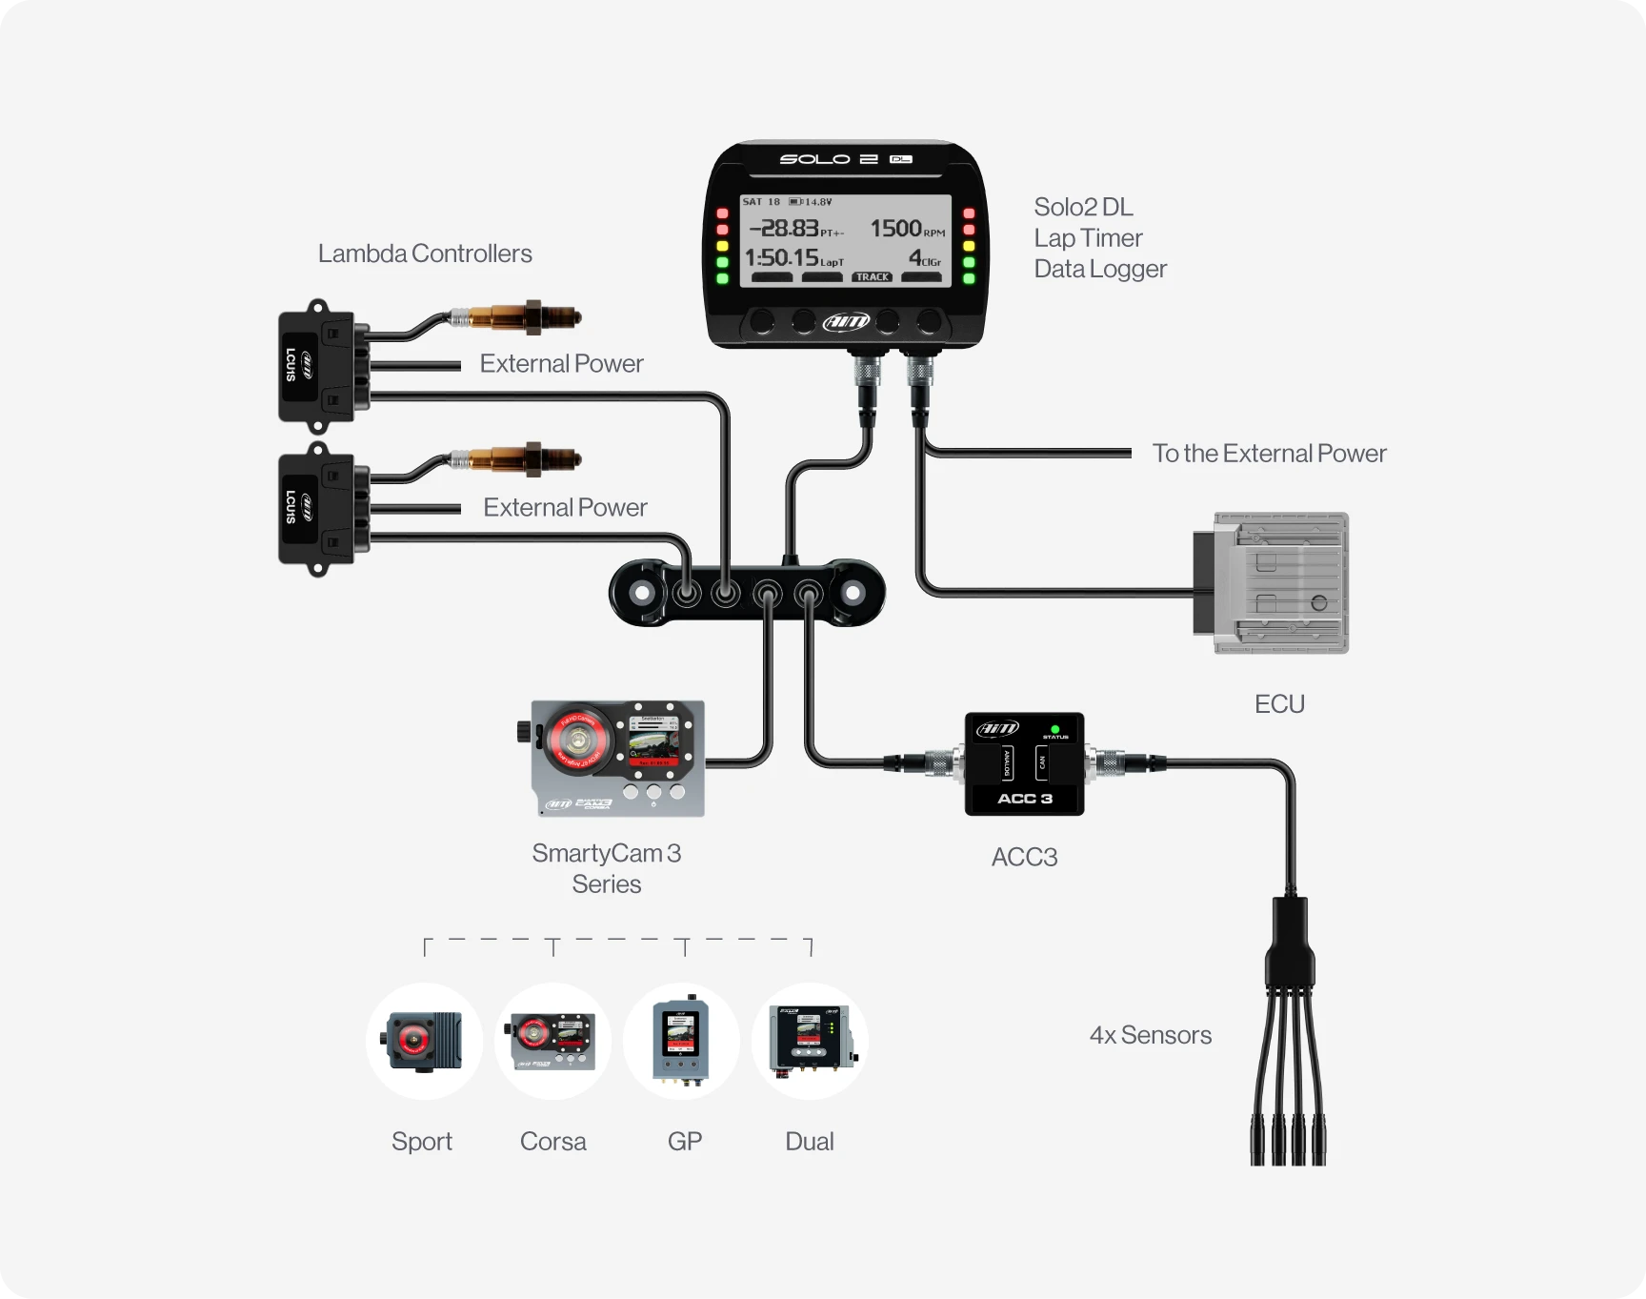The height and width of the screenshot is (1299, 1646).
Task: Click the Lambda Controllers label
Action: click(x=425, y=254)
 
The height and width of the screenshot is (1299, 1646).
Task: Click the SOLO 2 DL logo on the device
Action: click(x=846, y=159)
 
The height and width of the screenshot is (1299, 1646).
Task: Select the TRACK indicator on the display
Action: click(x=872, y=277)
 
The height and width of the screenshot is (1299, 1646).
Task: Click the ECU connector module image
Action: click(x=1273, y=583)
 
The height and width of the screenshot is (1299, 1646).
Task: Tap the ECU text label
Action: click(x=1278, y=704)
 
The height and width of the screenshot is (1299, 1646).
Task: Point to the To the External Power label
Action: click(x=1269, y=454)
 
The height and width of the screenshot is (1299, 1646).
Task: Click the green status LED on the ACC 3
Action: click(x=1054, y=729)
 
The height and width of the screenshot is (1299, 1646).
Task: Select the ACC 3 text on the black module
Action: click(x=1024, y=799)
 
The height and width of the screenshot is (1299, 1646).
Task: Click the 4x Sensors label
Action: click(x=1150, y=1035)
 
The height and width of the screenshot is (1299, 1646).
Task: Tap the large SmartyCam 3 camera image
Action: click(x=617, y=759)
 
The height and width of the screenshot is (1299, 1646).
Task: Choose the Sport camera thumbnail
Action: click(x=424, y=1041)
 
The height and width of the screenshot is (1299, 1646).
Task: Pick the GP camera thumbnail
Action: click(x=681, y=1041)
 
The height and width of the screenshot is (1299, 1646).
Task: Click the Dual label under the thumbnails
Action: click(x=809, y=1142)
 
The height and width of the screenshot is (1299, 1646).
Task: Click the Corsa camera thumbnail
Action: click(x=552, y=1041)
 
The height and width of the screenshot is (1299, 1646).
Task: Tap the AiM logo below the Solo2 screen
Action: click(x=846, y=322)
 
